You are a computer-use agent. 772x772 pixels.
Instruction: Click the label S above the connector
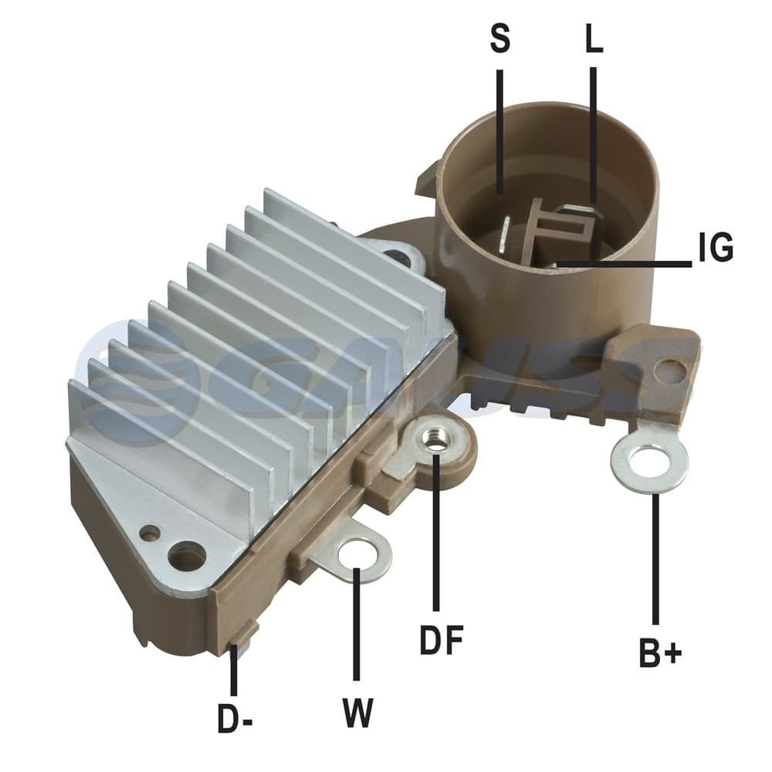(x=499, y=39)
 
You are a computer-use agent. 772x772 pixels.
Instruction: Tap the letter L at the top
(x=594, y=39)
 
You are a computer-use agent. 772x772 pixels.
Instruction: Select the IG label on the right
(x=716, y=247)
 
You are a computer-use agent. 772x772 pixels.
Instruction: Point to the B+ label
(x=660, y=653)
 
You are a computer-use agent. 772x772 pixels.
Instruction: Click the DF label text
(x=441, y=639)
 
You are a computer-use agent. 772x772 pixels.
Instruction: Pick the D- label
(x=235, y=718)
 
